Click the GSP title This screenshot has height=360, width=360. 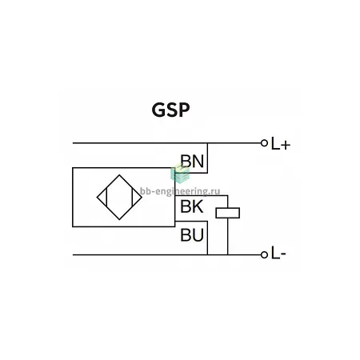pyautogui.click(x=170, y=110)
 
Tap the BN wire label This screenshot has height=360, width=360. pyautogui.click(x=192, y=161)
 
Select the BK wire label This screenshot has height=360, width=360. pyautogui.click(x=192, y=206)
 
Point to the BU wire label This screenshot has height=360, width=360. pyautogui.click(x=192, y=235)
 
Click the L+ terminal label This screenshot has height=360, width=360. pyautogui.click(x=281, y=144)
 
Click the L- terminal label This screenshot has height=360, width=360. pyautogui.click(x=278, y=253)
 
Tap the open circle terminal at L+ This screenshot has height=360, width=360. pyautogui.click(x=264, y=143)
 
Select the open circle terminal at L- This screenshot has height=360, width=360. pyautogui.click(x=264, y=255)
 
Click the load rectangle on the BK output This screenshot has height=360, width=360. pyautogui.click(x=228, y=213)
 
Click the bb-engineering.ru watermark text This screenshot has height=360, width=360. pyautogui.click(x=180, y=191)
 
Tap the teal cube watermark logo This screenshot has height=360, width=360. pyautogui.click(x=180, y=174)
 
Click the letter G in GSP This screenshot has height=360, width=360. pyautogui.click(x=158, y=110)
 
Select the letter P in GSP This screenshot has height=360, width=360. pyautogui.click(x=185, y=110)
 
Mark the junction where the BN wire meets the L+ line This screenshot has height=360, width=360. pyautogui.click(x=207, y=143)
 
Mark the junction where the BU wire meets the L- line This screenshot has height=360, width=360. pyautogui.click(x=207, y=255)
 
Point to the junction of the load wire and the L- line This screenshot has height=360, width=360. pyautogui.click(x=228, y=255)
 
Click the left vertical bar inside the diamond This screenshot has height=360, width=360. pyautogui.click(x=106, y=198)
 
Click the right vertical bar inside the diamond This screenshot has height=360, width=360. pyautogui.click(x=132, y=198)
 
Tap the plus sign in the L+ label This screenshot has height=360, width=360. pyautogui.click(x=286, y=146)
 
